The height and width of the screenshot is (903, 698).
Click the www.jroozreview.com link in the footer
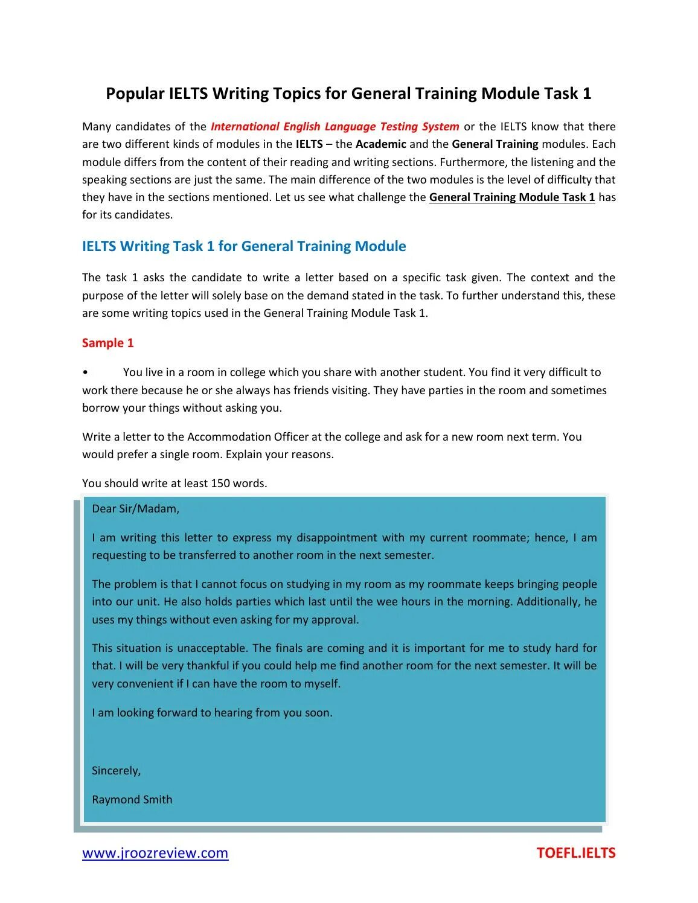tap(155, 853)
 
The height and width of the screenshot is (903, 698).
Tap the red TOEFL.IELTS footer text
tap(575, 853)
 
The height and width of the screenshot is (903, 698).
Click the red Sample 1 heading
tap(107, 343)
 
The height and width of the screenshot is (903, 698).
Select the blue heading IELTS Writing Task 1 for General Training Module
tap(244, 246)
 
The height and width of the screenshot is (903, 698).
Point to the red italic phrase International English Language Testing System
tap(335, 127)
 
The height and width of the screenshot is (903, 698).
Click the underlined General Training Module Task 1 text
tap(511, 197)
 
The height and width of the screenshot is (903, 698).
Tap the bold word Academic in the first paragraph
tap(380, 144)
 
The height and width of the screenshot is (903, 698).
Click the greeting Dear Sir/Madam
tap(135, 509)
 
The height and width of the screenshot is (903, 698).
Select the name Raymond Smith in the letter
tap(132, 800)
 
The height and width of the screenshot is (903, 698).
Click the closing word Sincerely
tap(116, 771)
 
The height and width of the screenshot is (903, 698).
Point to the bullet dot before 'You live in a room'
tap(86, 373)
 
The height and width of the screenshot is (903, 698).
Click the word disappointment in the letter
tap(336, 538)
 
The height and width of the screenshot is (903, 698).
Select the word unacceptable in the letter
tap(212, 648)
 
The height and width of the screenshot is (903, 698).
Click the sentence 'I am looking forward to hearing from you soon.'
tap(212, 713)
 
